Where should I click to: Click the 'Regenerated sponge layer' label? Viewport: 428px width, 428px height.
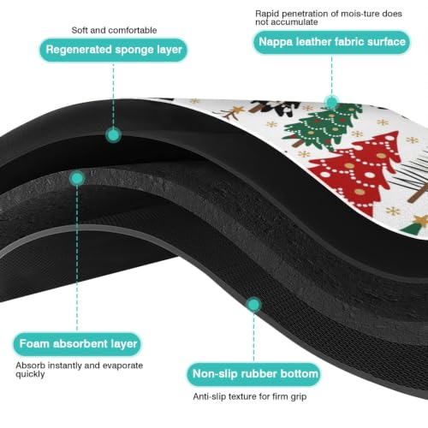point(114,50)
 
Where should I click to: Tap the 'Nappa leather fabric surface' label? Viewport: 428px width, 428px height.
point(332,42)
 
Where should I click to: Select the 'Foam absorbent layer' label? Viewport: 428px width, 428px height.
point(78,344)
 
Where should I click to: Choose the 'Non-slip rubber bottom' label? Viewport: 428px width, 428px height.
point(255,374)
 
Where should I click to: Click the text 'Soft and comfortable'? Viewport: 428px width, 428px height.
point(114,30)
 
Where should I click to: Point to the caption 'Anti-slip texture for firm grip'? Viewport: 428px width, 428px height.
point(250,396)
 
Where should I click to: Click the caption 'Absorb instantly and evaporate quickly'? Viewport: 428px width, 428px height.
point(80,370)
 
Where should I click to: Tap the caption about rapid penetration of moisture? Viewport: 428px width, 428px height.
point(329,18)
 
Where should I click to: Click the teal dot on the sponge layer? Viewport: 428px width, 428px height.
point(113,135)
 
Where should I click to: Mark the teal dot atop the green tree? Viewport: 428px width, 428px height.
point(331,102)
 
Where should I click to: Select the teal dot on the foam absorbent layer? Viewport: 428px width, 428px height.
point(77,179)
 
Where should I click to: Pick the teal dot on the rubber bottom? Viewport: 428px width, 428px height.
point(253,305)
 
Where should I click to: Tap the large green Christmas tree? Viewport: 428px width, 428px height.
point(321,127)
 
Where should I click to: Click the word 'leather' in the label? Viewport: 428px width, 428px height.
point(313,42)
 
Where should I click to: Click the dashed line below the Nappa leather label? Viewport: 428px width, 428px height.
point(331,74)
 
